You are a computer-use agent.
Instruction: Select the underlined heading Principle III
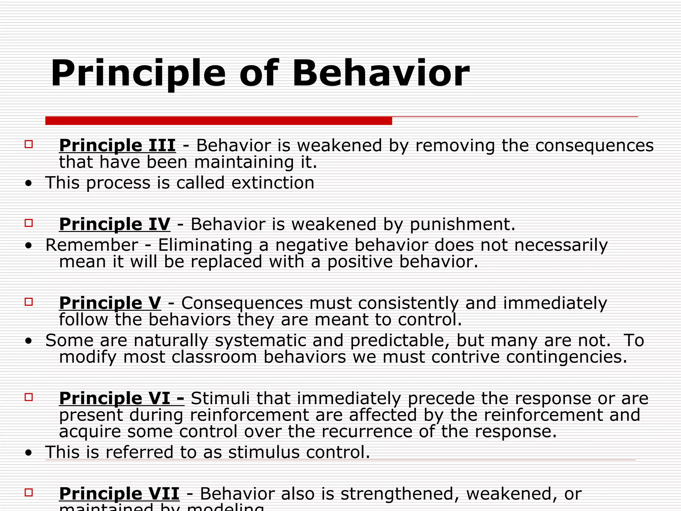pyautogui.click(x=117, y=146)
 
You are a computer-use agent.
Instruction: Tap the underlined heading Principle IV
pyautogui.click(x=115, y=224)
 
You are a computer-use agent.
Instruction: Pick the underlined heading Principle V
pyautogui.click(x=110, y=303)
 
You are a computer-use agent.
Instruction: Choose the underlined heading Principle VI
pyautogui.click(x=121, y=398)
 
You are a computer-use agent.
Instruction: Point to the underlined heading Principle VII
pyautogui.click(x=119, y=494)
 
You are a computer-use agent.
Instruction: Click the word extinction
pyautogui.click(x=273, y=183)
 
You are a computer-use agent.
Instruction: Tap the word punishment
pyautogui.click(x=462, y=224)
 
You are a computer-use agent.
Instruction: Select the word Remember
pyautogui.click(x=91, y=245)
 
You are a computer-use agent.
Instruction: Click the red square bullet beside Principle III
pyautogui.click(x=29, y=144)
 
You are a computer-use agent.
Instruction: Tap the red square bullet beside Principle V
pyautogui.click(x=29, y=302)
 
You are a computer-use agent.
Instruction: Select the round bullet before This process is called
pyautogui.click(x=29, y=183)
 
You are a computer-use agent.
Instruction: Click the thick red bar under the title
pyautogui.click(x=218, y=121)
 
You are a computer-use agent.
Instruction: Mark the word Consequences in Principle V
pyautogui.click(x=242, y=303)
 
